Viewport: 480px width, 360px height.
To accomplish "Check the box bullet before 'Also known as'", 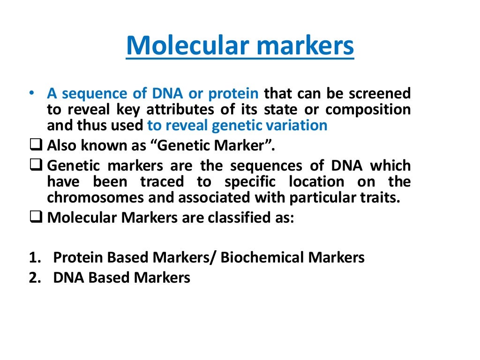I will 37,145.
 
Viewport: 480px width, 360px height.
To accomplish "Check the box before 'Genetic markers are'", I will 37,165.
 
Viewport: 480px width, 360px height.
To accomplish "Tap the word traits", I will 382,198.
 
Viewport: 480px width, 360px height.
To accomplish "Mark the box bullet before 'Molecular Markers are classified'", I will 37,218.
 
